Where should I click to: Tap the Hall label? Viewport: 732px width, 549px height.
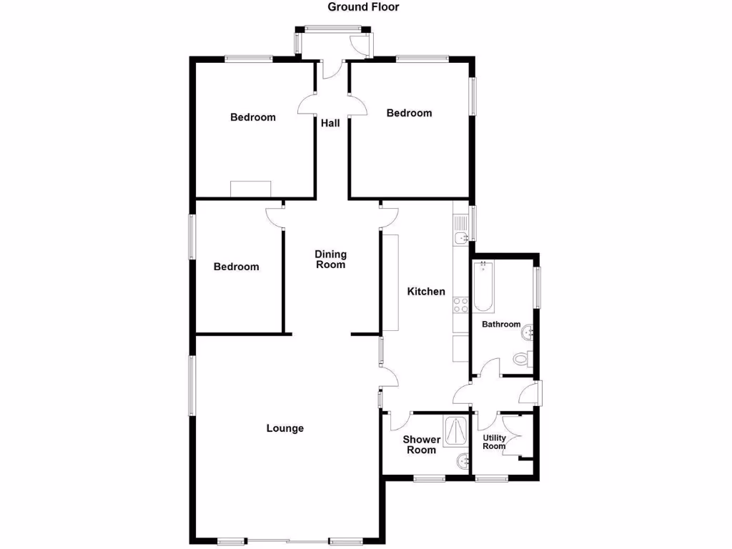pos(330,123)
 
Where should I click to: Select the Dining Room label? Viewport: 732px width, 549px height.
pos(330,259)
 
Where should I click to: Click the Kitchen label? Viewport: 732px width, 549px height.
pos(426,292)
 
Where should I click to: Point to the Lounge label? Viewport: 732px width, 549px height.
pos(285,429)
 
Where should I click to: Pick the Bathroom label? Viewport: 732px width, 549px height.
pos(500,325)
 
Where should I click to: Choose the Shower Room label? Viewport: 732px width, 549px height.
pos(421,445)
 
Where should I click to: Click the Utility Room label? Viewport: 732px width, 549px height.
pos(495,442)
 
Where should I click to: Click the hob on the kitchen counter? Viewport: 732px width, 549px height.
pos(461,305)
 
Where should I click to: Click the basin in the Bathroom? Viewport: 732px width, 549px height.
pos(528,332)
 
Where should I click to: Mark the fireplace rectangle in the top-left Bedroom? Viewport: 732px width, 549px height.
pos(251,189)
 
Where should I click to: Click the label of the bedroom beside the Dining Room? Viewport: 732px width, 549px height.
pos(237,267)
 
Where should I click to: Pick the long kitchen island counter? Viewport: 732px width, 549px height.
pos(390,282)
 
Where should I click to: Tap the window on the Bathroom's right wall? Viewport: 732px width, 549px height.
pos(538,287)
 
